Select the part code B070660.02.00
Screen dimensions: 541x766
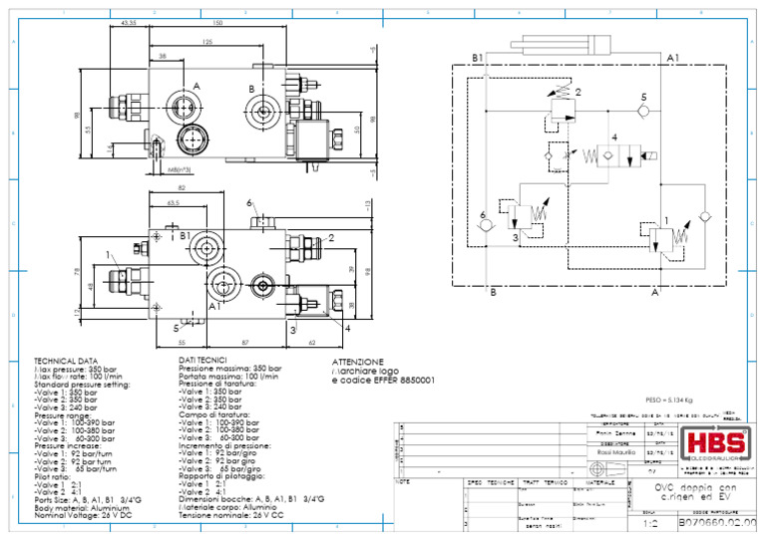point(716,522)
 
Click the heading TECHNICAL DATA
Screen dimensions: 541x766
point(67,361)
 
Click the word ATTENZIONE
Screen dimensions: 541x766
point(357,361)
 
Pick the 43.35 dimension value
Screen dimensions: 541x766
point(129,22)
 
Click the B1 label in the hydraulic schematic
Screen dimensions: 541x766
point(478,58)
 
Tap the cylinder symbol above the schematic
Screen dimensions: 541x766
point(574,45)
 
